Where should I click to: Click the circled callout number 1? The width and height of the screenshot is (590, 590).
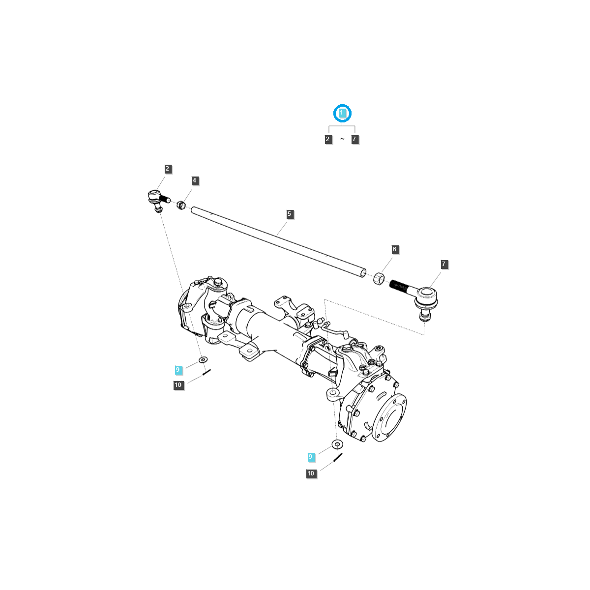point(342,114)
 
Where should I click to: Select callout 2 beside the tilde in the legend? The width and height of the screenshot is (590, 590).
point(328,140)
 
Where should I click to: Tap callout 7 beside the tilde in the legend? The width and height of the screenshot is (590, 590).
point(354,140)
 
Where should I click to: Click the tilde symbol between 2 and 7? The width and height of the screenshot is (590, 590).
point(342,140)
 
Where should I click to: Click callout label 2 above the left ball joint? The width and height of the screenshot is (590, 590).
point(168,169)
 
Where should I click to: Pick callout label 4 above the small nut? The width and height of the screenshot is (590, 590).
point(194,181)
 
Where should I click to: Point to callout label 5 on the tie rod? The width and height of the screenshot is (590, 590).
point(290,214)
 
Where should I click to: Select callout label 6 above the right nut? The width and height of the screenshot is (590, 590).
point(394,250)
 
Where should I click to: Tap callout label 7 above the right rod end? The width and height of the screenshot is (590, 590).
point(443,265)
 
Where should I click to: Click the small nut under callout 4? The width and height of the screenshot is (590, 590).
point(181,205)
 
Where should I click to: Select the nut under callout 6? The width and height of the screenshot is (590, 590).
point(379,278)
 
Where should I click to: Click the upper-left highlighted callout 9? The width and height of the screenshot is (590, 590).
point(178,370)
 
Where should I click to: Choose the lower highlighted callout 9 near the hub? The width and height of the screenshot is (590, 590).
point(310,457)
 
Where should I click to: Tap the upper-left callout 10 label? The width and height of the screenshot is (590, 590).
point(178,385)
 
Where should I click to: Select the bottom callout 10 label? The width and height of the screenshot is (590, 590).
point(311,474)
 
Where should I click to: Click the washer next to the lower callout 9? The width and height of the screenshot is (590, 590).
point(337,444)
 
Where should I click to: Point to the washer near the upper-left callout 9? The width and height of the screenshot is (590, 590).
point(203,360)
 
